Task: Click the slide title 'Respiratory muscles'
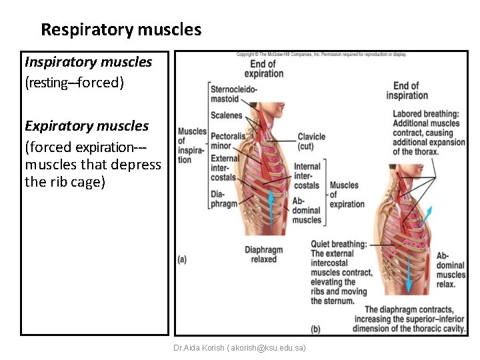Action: click(x=121, y=30)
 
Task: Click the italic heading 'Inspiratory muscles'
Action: click(x=88, y=62)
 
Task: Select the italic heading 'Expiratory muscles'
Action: click(x=87, y=126)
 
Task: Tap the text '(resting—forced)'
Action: click(x=74, y=83)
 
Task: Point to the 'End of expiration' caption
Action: click(x=264, y=69)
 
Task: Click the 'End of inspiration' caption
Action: click(x=406, y=90)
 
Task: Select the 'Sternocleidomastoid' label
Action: click(x=233, y=94)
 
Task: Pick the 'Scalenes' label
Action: click(x=226, y=115)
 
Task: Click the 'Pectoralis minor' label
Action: click(x=229, y=141)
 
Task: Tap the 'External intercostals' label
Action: click(x=224, y=168)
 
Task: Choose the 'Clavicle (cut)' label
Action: click(x=311, y=141)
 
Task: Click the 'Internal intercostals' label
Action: click(x=307, y=175)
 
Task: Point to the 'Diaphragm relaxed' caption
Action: click(x=264, y=255)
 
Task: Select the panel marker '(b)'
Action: click(x=316, y=329)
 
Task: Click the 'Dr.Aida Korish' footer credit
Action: click(x=239, y=348)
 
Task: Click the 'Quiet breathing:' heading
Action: click(x=339, y=244)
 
